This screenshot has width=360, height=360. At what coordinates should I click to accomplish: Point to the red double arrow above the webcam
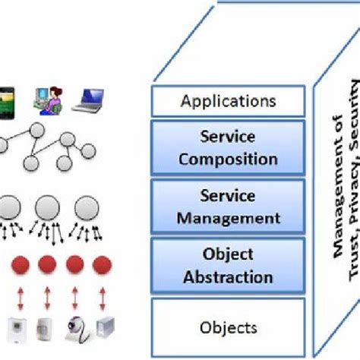point(73,296)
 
